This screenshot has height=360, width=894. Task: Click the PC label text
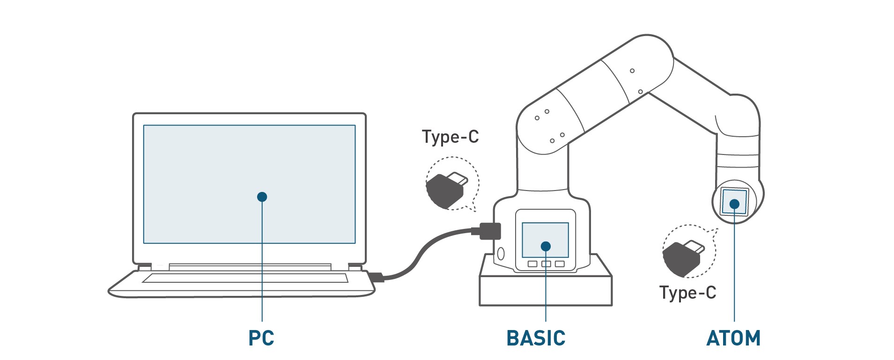(x=261, y=338)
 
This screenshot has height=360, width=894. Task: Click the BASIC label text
(x=536, y=338)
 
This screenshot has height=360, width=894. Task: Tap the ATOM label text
(x=733, y=338)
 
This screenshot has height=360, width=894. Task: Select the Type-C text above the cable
(x=450, y=137)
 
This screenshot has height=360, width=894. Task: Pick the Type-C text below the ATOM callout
(x=687, y=293)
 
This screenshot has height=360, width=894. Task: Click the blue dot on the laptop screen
(x=262, y=197)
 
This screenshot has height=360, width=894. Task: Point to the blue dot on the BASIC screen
(x=545, y=246)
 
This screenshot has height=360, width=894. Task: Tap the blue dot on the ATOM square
(x=734, y=204)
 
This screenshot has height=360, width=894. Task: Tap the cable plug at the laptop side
(x=377, y=277)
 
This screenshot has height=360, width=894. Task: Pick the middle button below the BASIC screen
(x=546, y=264)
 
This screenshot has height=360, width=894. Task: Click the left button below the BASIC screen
(x=532, y=264)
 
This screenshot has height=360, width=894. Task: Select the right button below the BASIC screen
(x=560, y=264)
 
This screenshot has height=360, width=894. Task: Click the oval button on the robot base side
(x=501, y=253)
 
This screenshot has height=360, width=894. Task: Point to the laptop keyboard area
(x=245, y=278)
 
